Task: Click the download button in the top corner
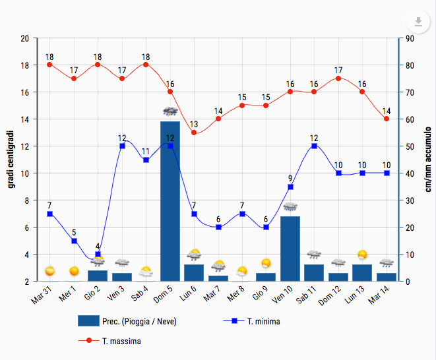pos(418,21)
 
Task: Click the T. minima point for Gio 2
pos(98,254)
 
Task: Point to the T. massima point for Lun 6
pos(194,133)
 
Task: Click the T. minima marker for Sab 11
pos(315,146)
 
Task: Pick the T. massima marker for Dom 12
pos(338,78)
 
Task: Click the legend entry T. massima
pos(121,342)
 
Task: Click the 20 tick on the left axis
pos(24,38)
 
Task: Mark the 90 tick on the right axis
pos(410,38)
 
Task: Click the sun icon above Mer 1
pos(74,271)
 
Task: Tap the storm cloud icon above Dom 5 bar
pos(170,111)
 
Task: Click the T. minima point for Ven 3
pos(122,146)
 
